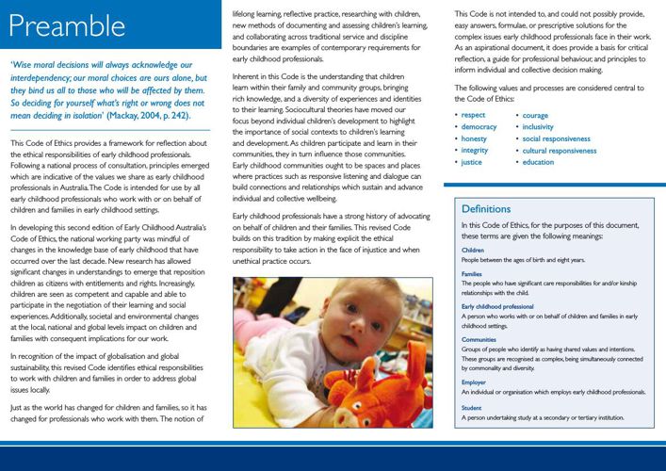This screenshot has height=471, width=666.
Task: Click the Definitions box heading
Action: (486, 209)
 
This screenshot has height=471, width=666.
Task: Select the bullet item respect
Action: (475, 115)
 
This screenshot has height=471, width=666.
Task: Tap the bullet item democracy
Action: (479, 127)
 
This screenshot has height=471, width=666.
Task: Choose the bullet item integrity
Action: (476, 151)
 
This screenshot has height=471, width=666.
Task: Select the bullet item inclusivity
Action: (538, 127)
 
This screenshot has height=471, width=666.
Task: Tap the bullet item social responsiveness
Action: (557, 138)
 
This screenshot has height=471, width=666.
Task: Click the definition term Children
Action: (473, 251)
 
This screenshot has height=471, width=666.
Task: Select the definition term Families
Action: (472, 274)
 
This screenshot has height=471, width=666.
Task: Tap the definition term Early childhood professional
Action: (497, 307)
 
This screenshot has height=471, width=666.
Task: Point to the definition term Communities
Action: (479, 340)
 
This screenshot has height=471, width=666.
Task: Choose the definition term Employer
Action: (474, 382)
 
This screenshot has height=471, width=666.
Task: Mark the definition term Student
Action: (472, 407)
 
